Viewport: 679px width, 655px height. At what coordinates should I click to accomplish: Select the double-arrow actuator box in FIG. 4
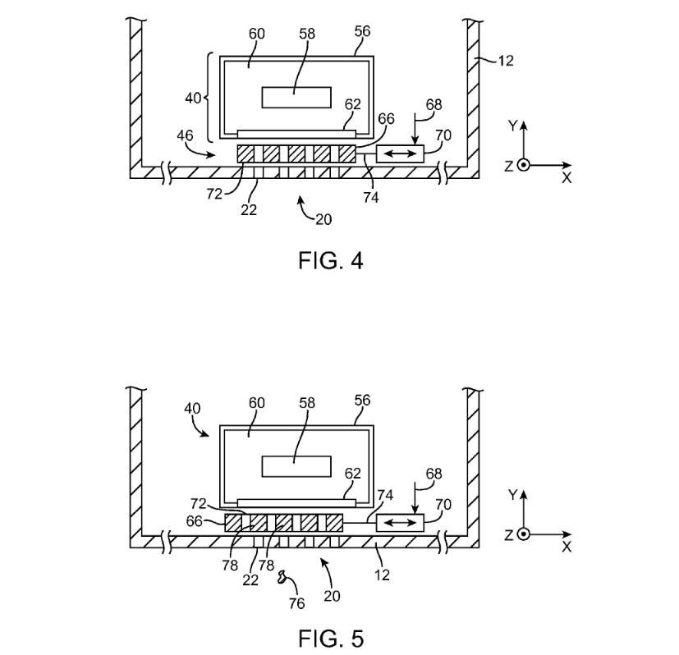tap(400, 153)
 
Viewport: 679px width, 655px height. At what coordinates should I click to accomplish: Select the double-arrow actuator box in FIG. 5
tap(400, 523)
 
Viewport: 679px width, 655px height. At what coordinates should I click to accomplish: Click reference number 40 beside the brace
tap(193, 98)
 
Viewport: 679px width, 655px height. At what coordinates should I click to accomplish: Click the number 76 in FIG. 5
tap(296, 604)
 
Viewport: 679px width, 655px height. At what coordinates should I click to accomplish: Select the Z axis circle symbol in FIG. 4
tap(524, 165)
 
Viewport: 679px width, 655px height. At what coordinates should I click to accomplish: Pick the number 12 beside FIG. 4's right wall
tap(506, 61)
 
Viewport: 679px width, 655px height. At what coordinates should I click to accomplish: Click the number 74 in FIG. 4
tap(370, 197)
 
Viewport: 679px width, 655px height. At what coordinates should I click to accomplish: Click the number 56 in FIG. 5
tap(361, 400)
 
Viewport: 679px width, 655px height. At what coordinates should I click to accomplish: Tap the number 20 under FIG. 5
tap(332, 597)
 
